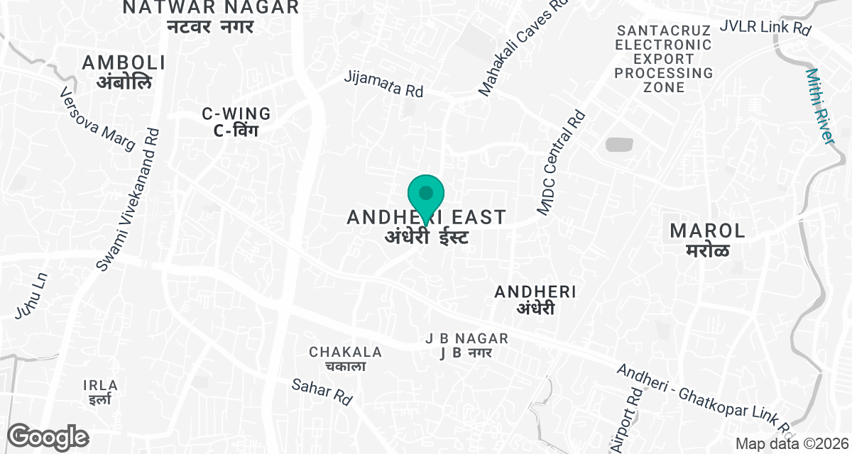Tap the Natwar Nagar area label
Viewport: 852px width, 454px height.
pos(211,16)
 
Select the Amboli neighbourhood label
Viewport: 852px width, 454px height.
pos(124,72)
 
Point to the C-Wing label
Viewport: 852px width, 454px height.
pos(236,121)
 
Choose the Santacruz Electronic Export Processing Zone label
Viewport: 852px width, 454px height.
pos(664,59)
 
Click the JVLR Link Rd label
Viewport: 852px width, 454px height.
pos(765,28)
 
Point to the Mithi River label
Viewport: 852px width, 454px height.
pos(821,106)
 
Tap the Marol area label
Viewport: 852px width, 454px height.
pos(708,239)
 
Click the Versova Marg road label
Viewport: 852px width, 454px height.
pos(97,119)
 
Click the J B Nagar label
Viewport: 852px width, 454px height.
pos(466,345)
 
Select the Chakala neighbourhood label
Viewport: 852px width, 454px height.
pos(345,358)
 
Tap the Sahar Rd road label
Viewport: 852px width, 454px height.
pos(322,391)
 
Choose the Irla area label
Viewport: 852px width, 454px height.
pos(100,392)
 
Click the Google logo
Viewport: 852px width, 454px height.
pos(48,437)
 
